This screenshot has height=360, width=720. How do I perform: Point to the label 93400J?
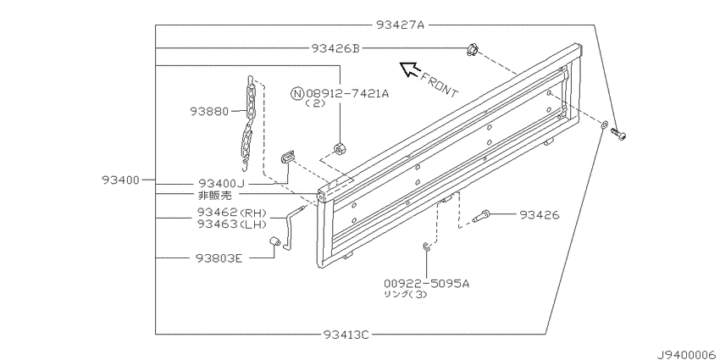pyautogui.click(x=221, y=182)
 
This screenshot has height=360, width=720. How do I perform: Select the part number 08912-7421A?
pyautogui.click(x=346, y=93)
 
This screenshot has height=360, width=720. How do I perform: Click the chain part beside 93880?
pyautogui.click(x=248, y=119)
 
